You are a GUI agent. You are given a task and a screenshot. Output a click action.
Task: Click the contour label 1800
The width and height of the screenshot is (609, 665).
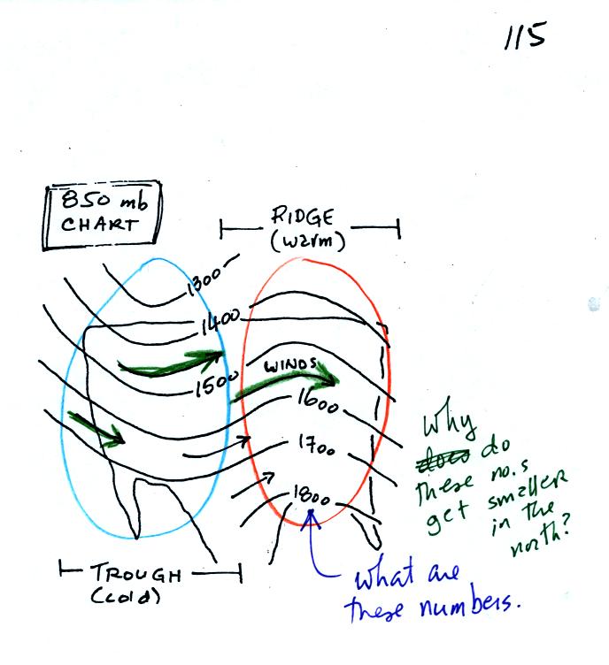tap(310, 495)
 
